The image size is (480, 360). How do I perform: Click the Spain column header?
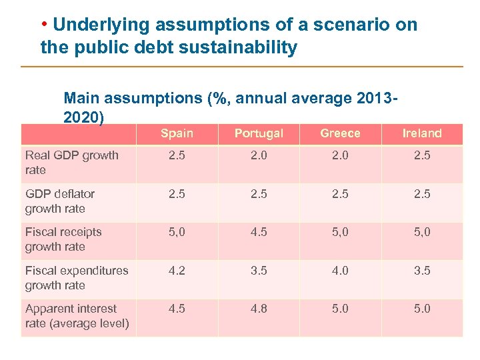177,133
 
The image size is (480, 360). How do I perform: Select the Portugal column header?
259,133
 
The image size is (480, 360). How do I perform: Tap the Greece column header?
340,133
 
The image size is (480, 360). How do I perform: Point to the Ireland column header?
422,133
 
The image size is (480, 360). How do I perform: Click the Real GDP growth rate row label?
71,163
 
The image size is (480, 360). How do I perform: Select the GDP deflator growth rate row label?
59,201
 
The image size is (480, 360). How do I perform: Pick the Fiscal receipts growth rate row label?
63,239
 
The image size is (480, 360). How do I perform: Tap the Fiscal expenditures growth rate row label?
76,277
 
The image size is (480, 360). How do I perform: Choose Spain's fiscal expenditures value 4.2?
177,271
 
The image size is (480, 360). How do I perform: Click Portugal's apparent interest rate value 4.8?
259,309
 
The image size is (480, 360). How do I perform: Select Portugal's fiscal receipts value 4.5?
259,232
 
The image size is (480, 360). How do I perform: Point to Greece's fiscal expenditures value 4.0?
340,271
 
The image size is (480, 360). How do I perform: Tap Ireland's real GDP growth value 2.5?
422,155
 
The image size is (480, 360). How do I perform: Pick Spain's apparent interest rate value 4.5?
177,309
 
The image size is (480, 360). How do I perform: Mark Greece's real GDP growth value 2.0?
340,155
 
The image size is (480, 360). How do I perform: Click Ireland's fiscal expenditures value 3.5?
422,271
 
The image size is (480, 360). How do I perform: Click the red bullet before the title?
44,25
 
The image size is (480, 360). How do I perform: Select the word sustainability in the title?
237,48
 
